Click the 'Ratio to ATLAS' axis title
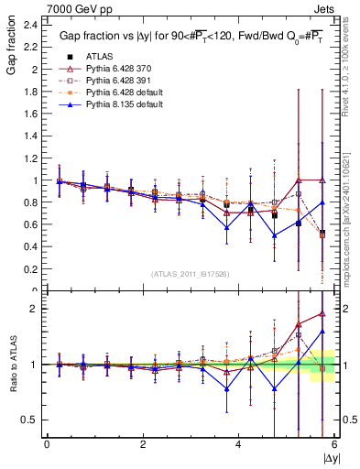[x=11, y=365]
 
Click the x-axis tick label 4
[x=238, y=443]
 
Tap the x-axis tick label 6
[x=333, y=443]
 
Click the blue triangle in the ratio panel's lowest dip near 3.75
[x=226, y=388]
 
